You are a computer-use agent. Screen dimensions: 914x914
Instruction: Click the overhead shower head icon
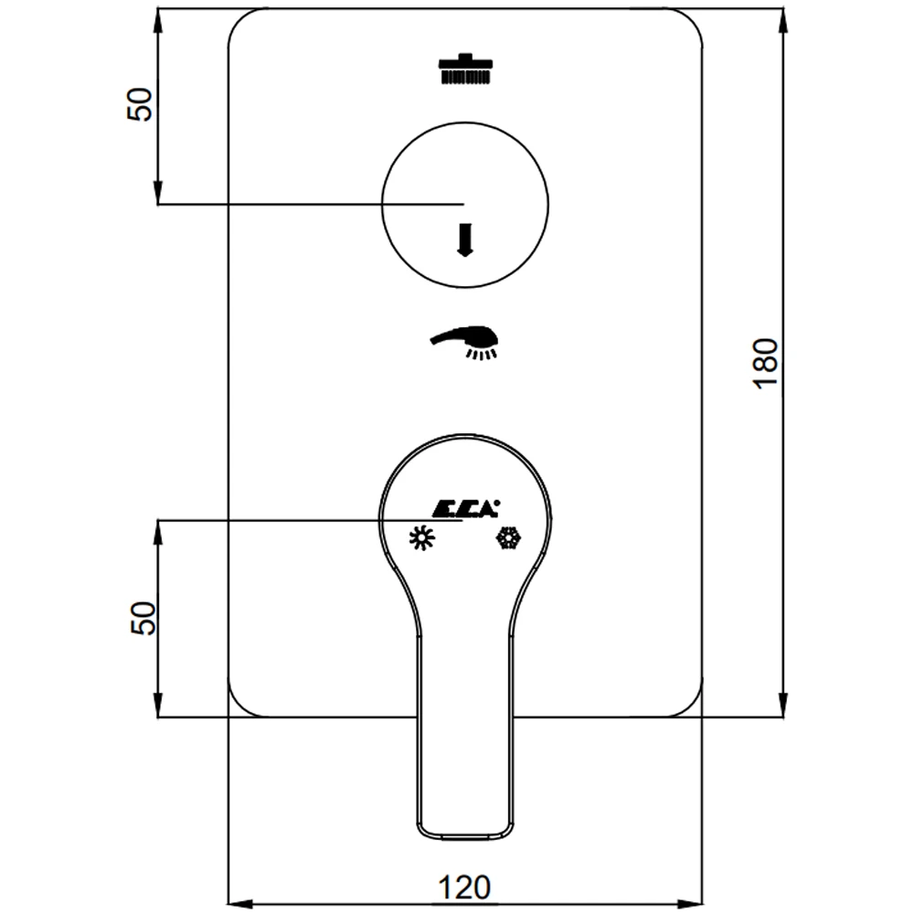pyautogui.click(x=465, y=69)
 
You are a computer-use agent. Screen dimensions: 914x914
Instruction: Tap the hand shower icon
pyautogui.click(x=464, y=343)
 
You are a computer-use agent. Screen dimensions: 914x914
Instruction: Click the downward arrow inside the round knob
pyautogui.click(x=464, y=239)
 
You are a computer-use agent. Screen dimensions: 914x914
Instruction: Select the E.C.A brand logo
pyautogui.click(x=466, y=508)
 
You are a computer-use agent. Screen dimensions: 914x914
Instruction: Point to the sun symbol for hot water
pyautogui.click(x=421, y=537)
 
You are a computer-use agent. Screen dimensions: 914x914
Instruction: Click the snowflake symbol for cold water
pyautogui.click(x=508, y=537)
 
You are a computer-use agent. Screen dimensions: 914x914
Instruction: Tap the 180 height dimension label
pyautogui.click(x=766, y=363)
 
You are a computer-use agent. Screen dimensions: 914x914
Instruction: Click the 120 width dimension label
pyautogui.click(x=464, y=887)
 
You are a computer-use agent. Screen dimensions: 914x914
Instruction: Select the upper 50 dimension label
pyautogui.click(x=139, y=104)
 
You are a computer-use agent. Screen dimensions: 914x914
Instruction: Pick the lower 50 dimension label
pyautogui.click(x=143, y=619)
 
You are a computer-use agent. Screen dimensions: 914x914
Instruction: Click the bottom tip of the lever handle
pyautogui.click(x=465, y=838)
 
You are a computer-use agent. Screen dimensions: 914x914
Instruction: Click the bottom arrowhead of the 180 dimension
pyautogui.click(x=783, y=704)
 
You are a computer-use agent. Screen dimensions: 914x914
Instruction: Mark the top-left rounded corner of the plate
pyautogui.click(x=239, y=20)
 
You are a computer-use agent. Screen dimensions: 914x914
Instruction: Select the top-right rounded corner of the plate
pyautogui.click(x=691, y=20)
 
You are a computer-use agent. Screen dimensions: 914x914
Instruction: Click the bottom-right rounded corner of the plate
pyautogui.click(x=691, y=706)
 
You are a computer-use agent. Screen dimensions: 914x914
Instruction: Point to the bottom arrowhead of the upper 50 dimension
pyautogui.click(x=158, y=191)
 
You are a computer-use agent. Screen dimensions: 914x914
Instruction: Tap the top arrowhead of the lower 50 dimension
pyautogui.click(x=158, y=533)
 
